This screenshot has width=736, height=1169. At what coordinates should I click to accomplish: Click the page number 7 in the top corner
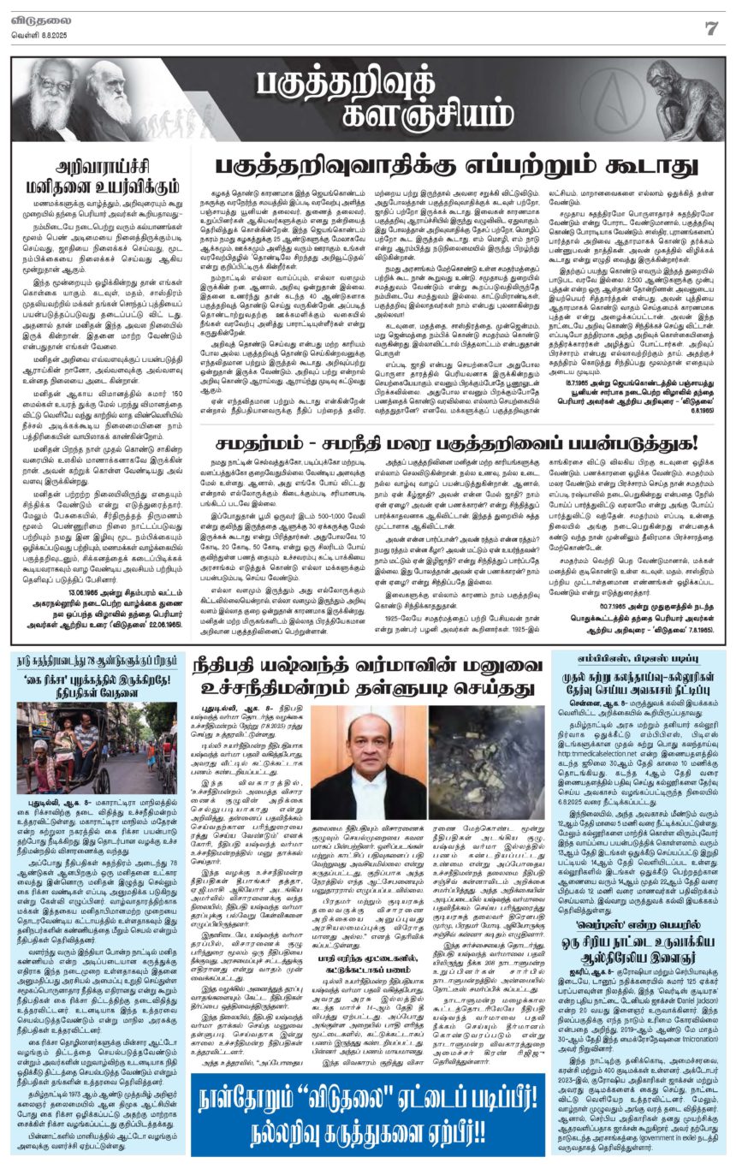710,27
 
